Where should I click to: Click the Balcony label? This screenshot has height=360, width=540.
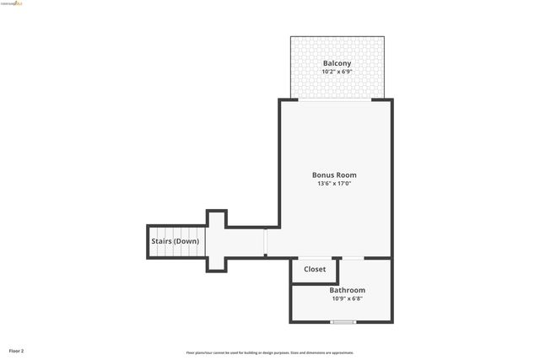tap(337, 63)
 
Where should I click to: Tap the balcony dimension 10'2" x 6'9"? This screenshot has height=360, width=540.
tap(337, 72)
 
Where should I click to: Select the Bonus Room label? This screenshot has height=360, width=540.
tap(334, 175)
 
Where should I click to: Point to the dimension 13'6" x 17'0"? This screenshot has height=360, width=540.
tap(334, 184)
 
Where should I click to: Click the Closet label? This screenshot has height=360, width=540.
tap(315, 270)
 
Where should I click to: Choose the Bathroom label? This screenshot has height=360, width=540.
tap(347, 290)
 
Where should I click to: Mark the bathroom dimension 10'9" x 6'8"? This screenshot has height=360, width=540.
tap(347, 298)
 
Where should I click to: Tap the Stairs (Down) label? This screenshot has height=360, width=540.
tap(175, 242)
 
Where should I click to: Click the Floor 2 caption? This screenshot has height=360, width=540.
tap(17, 350)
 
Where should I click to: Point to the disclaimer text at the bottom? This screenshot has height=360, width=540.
tap(269, 352)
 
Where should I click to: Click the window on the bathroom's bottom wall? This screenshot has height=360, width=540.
tap(343, 322)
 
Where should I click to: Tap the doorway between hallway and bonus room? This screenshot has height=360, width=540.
tap(266, 241)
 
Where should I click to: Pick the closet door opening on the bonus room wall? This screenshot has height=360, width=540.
tap(315, 257)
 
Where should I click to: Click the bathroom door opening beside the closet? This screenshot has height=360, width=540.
tap(353, 257)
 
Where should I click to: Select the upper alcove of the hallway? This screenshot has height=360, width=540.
tap(217, 219)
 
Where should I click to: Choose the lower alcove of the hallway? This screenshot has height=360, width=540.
tap(217, 263)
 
